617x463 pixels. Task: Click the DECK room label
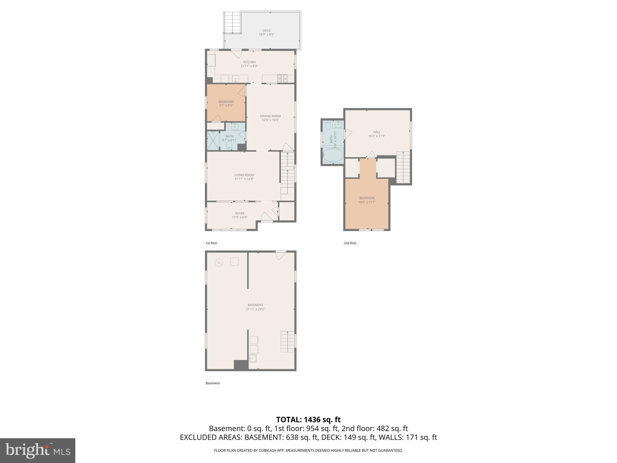[266, 30]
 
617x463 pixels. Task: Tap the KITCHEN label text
[249, 62]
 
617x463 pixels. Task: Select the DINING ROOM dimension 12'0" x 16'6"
[270, 120]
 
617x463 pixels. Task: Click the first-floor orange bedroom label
[226, 102]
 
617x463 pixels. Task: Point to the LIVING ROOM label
[244, 175]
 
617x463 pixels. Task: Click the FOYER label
[240, 213]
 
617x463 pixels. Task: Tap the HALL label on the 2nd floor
[377, 132]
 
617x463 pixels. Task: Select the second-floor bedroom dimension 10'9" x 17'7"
[367, 202]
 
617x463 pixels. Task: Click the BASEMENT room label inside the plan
[255, 305]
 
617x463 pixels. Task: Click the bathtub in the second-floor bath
[333, 156]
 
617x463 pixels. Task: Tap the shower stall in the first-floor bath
[213, 140]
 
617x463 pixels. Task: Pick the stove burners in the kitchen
[282, 78]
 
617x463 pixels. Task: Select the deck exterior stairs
[232, 23]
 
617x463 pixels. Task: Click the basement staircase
[287, 341]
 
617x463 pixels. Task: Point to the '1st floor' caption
[211, 243]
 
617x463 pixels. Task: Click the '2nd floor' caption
[350, 243]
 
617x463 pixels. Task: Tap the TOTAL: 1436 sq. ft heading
[308, 419]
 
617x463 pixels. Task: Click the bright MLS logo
[38, 450]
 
